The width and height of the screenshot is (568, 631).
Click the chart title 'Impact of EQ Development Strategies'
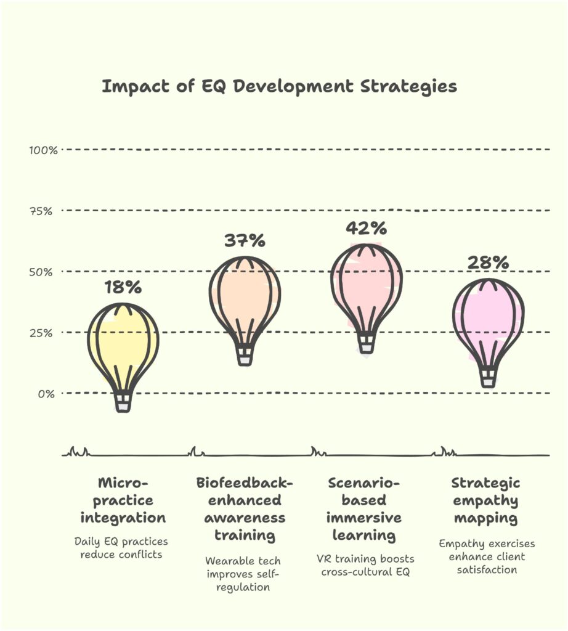[279, 86]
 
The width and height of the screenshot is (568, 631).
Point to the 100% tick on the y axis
[43, 150]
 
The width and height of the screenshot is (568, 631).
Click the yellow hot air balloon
[123, 342]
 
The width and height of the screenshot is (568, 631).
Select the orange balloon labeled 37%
[245, 293]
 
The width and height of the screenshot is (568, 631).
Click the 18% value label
[123, 287]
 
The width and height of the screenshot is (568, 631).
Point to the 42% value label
[366, 228]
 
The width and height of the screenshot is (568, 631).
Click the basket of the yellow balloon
[123, 402]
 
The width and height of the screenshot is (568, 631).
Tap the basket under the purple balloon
[488, 378]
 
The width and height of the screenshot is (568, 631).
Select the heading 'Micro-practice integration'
[123, 500]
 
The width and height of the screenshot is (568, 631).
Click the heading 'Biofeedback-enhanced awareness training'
[245, 508]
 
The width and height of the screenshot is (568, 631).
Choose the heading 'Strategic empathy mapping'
[485, 500]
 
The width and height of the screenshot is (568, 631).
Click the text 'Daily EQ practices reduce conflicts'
[121, 548]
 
